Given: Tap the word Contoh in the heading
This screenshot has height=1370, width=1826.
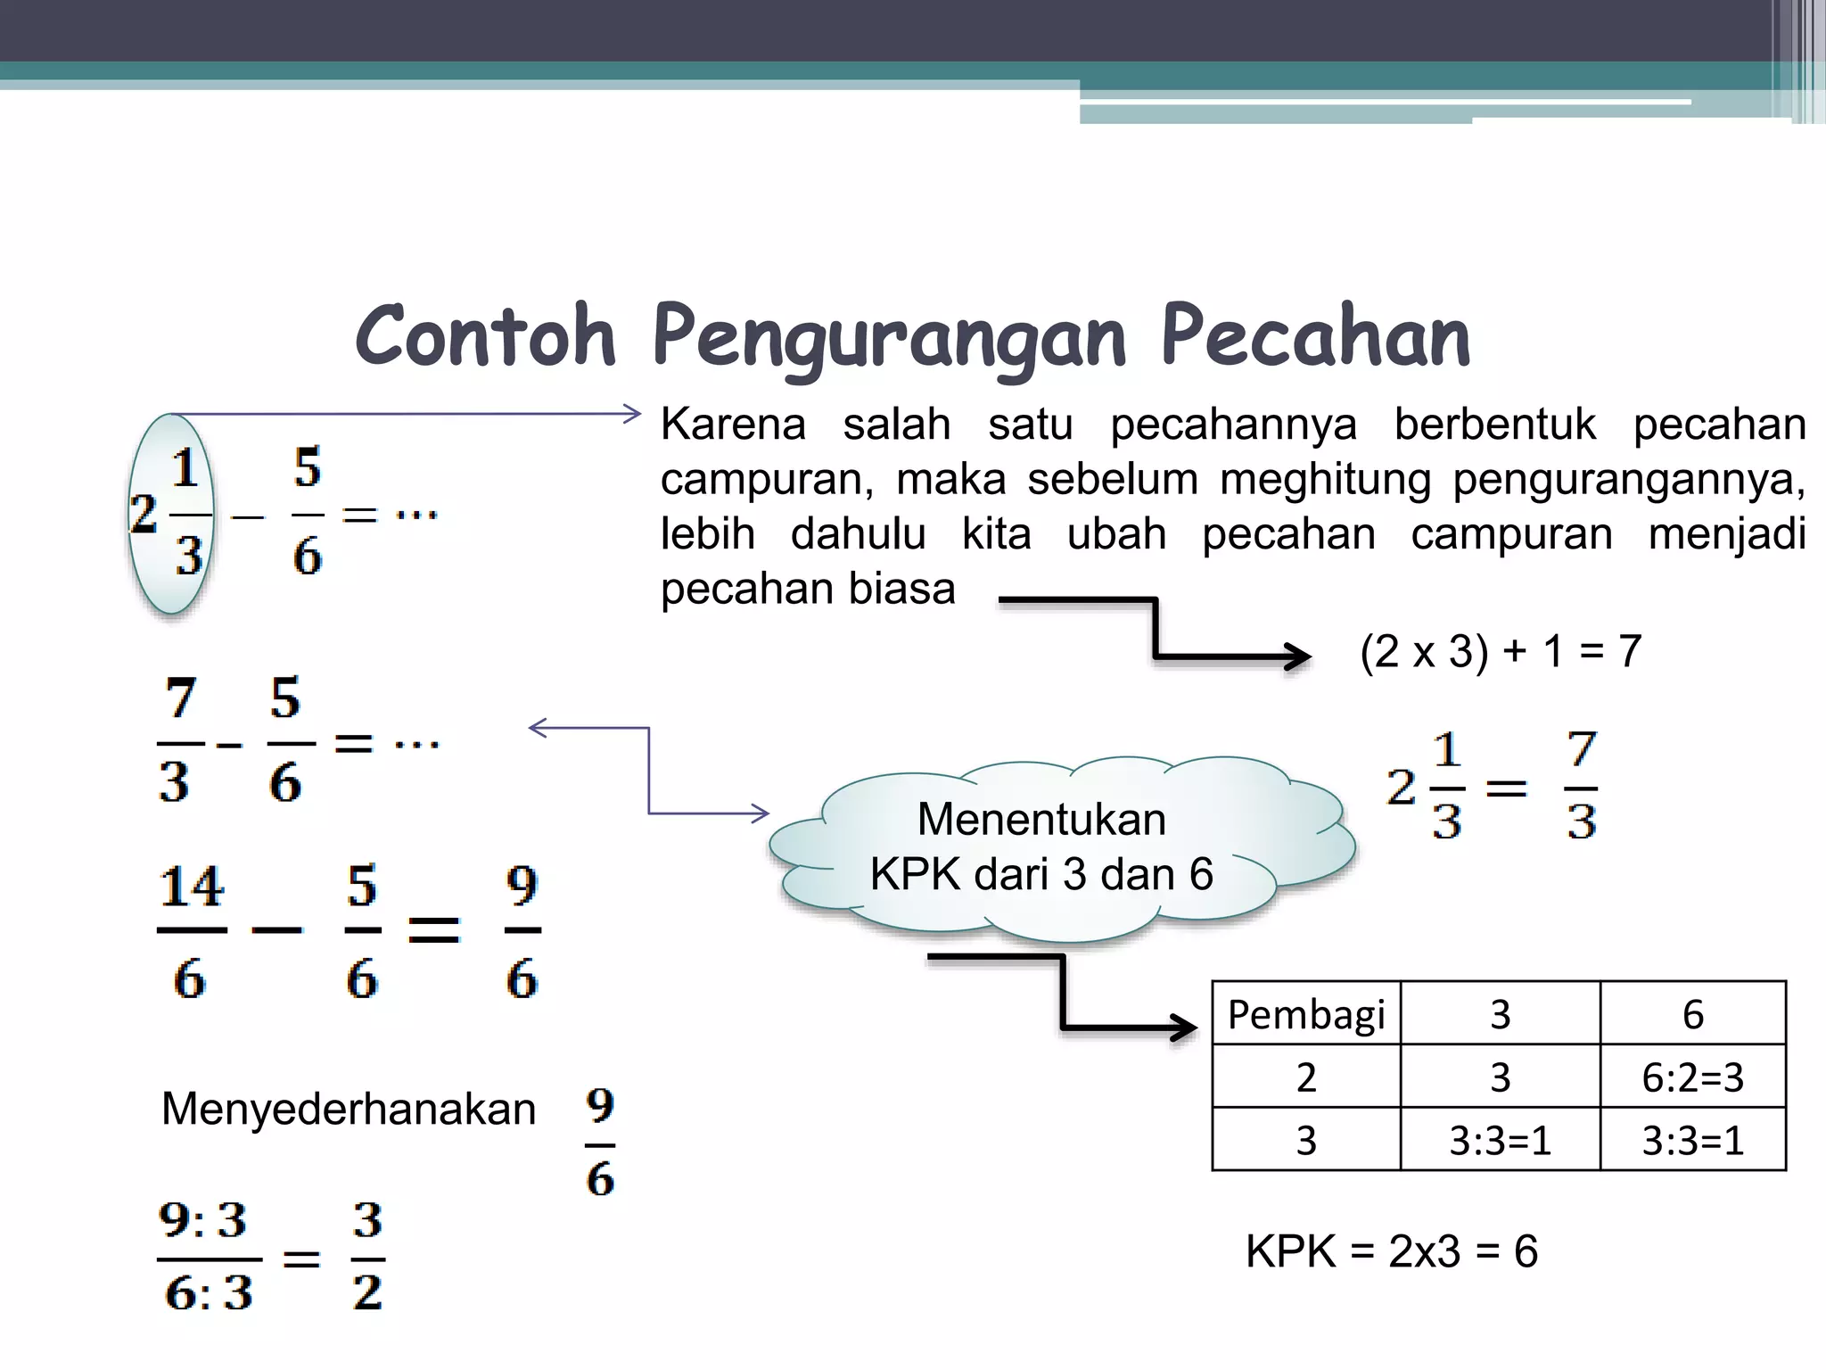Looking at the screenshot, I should pos(486,337).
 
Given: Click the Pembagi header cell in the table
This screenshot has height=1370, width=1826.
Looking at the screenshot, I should pos(1306,1014).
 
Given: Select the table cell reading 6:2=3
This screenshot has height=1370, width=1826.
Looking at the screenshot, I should pos(1692,1077).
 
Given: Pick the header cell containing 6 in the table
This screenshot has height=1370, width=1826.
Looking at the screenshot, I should pos(1692,1014).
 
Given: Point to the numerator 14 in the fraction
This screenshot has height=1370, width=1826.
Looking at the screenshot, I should pos(192,887).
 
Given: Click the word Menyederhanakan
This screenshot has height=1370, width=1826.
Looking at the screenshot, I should pos(349,1110).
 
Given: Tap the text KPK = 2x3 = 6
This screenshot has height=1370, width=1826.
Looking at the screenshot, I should pos(1391,1251).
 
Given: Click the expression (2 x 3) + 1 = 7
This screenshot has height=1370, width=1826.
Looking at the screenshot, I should pos(1501,651).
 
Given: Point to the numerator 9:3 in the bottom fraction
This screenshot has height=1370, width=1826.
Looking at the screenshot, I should pos(203,1220).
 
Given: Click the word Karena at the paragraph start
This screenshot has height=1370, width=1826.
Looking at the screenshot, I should pos(733,425).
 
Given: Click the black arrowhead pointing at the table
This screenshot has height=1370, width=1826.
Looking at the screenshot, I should pos(1185,1027).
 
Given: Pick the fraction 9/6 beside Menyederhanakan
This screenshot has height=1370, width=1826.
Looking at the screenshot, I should pos(600,1143).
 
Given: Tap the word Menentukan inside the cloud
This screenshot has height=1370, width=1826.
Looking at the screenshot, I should pos(1041,819).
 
